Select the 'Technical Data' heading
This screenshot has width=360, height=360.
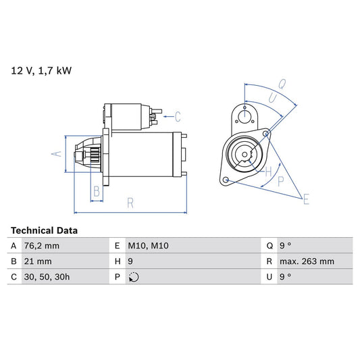pyautogui.click(x=45, y=230)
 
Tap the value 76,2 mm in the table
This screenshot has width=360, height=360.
pyautogui.click(x=42, y=246)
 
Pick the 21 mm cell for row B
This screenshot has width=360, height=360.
pyautogui.click(x=38, y=261)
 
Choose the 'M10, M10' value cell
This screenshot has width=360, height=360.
pyautogui.click(x=149, y=246)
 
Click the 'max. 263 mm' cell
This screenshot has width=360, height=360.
pyautogui.click(x=308, y=261)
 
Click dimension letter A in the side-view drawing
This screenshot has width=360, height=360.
pyautogui.click(x=57, y=154)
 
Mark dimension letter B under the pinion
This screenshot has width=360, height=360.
pyautogui.click(x=97, y=192)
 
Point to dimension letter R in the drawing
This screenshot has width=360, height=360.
pyautogui.click(x=130, y=201)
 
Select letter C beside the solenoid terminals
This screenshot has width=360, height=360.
pyautogui.click(x=178, y=115)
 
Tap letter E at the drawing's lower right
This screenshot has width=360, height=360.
pyautogui.click(x=306, y=199)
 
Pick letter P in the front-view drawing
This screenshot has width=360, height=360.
pyautogui.click(x=280, y=181)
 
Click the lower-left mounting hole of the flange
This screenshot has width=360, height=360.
pyautogui.click(x=226, y=180)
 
